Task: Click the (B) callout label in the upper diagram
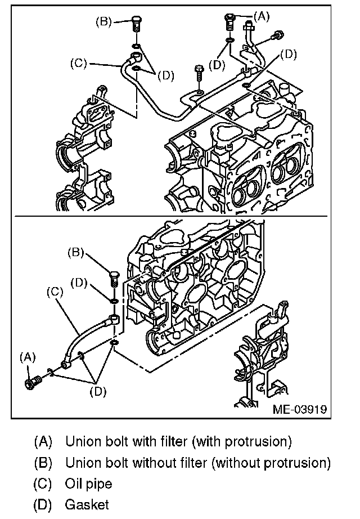tap(104, 22)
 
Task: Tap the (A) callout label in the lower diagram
tap(28, 356)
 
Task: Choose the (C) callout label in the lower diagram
tap(55, 292)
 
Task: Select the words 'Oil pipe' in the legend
tap(89, 484)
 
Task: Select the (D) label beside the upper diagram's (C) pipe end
tap(165, 76)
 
